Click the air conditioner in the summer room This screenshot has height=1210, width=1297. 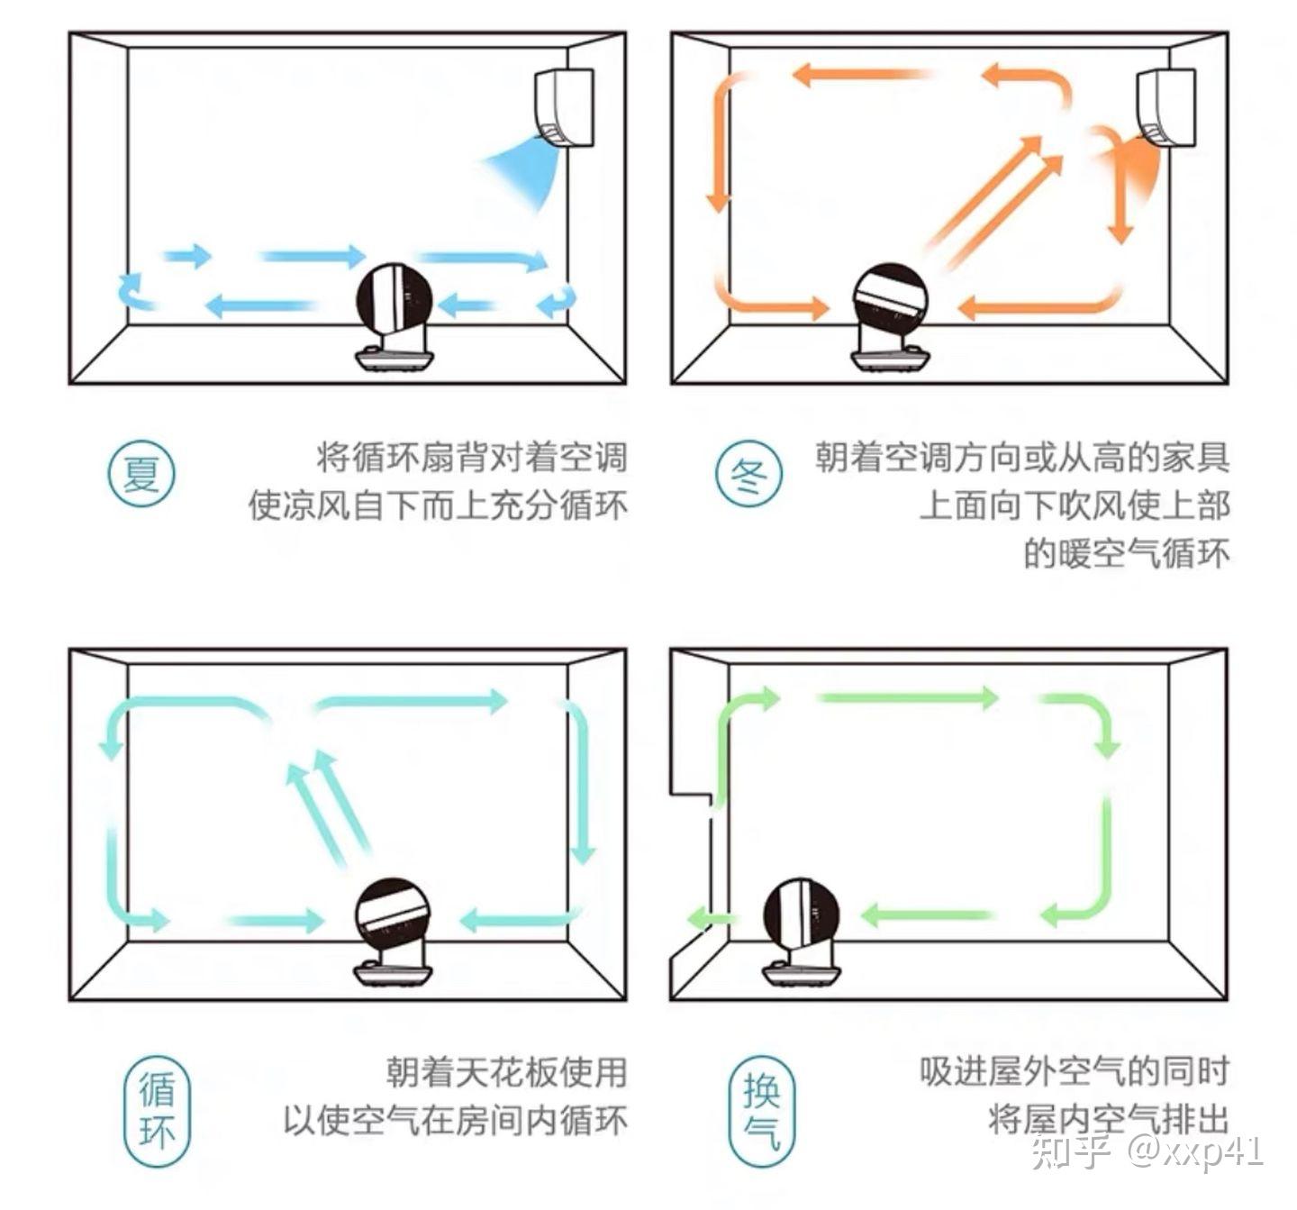[565, 106]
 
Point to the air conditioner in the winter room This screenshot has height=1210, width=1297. [1165, 106]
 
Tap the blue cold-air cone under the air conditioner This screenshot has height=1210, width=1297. [526, 171]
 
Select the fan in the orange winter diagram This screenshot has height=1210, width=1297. [890, 317]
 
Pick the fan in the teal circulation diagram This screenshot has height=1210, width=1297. [394, 932]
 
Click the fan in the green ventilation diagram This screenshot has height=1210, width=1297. [802, 932]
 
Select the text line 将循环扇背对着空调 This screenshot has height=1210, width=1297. [470, 458]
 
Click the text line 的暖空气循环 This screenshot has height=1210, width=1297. [1126, 553]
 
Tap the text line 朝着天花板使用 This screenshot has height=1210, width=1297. [505, 1072]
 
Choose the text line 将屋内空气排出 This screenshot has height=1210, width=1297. [1108, 1120]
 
